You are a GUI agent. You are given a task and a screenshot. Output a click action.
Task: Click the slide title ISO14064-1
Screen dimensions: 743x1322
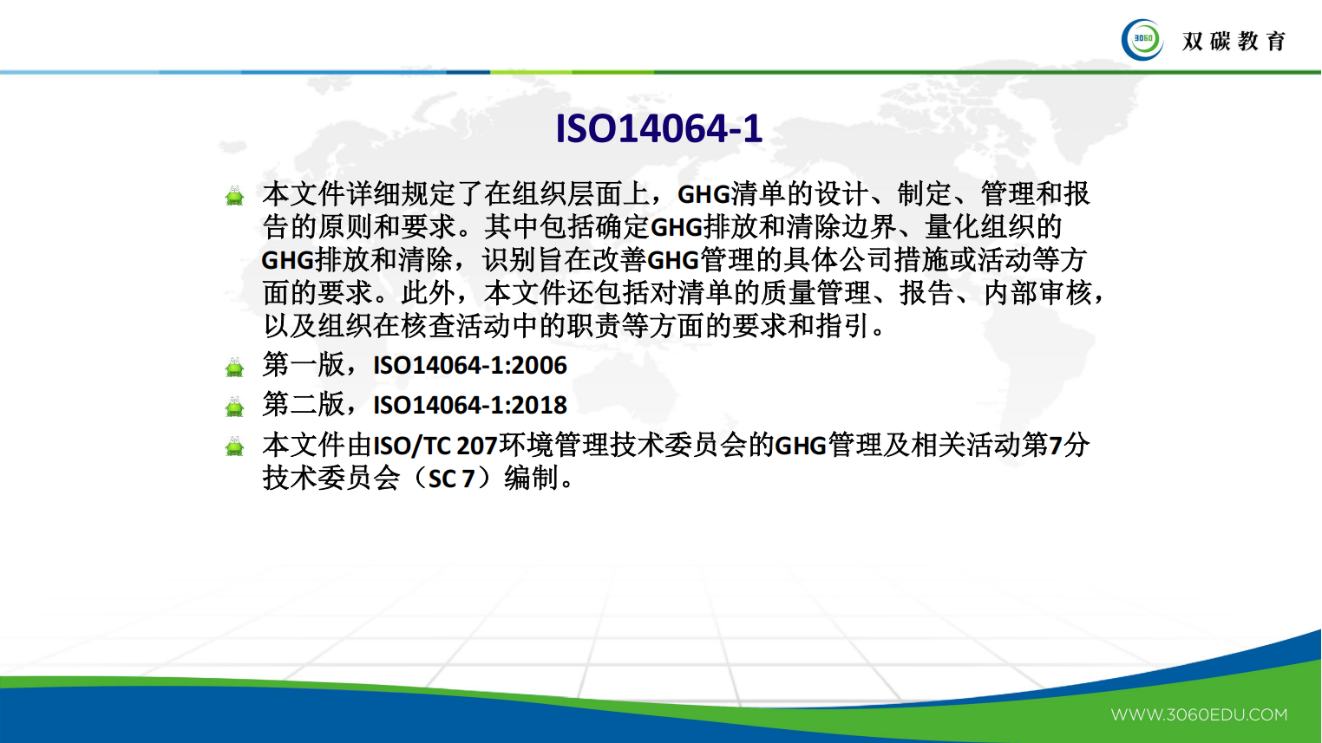(658, 129)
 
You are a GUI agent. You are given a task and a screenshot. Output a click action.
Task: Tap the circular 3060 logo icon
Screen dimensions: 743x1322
(1142, 40)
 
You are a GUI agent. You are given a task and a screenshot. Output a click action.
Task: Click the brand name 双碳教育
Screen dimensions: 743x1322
(1234, 41)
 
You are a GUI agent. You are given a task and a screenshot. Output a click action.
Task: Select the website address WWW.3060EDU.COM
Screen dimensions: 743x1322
(1199, 715)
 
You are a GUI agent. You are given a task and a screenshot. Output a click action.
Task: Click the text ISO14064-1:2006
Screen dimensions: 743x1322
(470, 366)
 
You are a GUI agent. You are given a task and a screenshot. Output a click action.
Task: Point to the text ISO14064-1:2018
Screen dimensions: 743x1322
(470, 405)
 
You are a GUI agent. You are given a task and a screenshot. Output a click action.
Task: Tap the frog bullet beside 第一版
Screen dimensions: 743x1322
(235, 368)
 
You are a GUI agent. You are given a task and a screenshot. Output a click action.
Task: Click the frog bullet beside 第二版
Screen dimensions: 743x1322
(235, 407)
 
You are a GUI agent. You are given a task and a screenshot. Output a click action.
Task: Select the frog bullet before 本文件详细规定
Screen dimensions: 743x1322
(235, 196)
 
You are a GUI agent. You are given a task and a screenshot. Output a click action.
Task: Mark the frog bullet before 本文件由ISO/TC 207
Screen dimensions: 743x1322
(235, 447)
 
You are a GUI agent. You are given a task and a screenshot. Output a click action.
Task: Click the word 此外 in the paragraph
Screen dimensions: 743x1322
(429, 293)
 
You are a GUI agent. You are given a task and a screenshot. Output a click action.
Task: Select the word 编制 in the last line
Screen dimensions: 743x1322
(531, 478)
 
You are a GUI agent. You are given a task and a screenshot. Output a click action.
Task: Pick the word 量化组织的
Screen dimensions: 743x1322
(994, 227)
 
